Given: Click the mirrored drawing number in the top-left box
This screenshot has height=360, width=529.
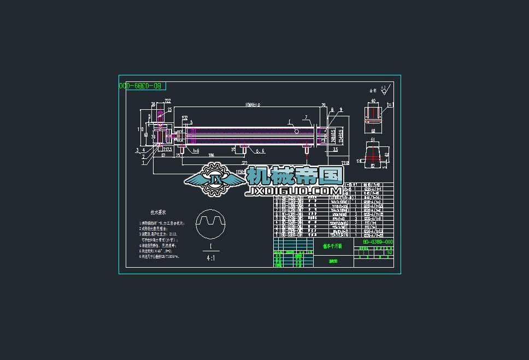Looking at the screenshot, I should point(141,86).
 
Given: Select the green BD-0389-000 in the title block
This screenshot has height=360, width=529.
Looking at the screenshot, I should point(378,241).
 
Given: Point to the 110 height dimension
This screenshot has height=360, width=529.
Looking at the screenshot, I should point(140,129).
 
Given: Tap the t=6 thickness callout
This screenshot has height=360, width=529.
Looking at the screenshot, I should point(196,150).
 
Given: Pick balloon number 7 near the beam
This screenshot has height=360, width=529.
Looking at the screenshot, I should point(307,117).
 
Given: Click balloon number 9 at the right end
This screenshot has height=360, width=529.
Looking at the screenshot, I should point(340,109).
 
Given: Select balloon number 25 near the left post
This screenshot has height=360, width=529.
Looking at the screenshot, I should point(170,109).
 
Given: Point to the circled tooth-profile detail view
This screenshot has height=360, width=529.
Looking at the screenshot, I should point(211,224).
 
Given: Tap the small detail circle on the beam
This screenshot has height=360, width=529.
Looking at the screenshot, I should point(296,131).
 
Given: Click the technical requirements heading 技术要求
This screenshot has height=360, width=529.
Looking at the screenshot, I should point(158,211).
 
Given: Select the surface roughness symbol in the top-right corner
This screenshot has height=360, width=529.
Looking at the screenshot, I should point(386,87).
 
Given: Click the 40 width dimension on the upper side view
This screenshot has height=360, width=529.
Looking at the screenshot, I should point(373,101).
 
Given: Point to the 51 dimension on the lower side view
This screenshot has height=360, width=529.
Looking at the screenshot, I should point(373,140).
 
